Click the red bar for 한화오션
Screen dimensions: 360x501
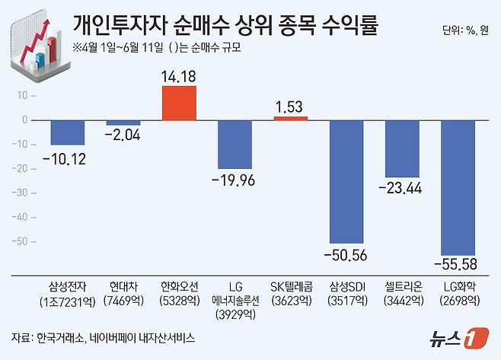[179, 103]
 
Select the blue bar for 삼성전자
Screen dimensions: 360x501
[67, 132]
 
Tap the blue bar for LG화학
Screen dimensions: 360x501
[458, 187]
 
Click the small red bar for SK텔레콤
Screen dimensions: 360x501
[291, 118]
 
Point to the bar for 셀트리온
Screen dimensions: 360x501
[403, 148]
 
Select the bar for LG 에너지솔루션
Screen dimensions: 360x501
[235, 144]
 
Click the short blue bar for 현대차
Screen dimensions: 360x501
[123, 123]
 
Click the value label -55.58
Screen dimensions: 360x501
[458, 266]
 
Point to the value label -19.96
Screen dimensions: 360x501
[235, 180]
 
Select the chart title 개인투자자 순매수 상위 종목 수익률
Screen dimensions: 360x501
[226, 27]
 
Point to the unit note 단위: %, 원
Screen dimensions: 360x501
[467, 31]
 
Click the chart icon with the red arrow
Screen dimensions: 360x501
[38, 45]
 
